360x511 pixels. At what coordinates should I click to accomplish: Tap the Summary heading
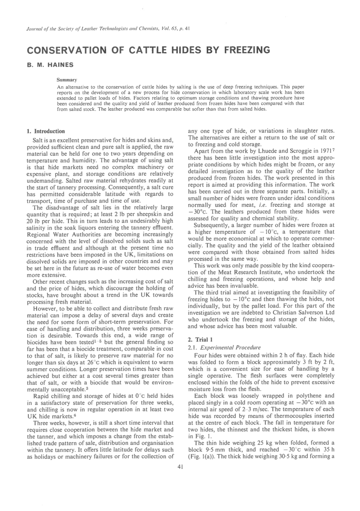pyautogui.click(x=67, y=80)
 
